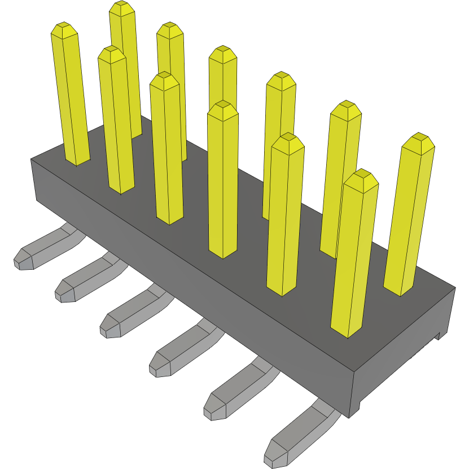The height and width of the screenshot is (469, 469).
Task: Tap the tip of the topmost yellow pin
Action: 121,7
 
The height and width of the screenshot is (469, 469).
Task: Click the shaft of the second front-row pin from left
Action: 116,124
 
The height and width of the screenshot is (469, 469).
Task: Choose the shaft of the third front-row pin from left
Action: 166,152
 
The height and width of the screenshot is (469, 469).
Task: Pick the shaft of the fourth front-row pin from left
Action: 222,181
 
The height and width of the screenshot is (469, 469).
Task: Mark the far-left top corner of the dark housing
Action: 31,159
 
